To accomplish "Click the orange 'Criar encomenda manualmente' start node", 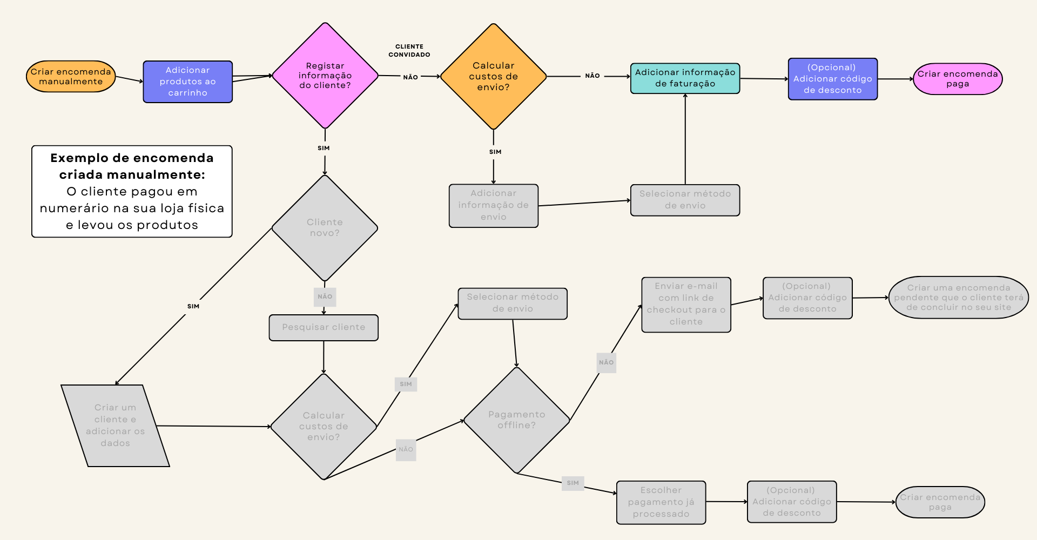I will [71, 77].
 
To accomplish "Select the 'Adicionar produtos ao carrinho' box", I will [187, 82].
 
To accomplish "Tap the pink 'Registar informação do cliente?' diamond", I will [325, 76].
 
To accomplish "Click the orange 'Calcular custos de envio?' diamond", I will [493, 76].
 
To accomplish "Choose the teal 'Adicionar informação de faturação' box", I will [685, 78].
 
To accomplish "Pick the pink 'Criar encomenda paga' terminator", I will [957, 79].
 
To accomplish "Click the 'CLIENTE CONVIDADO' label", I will [409, 50].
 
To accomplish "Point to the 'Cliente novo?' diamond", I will [325, 228].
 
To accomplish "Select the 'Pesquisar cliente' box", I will [324, 327].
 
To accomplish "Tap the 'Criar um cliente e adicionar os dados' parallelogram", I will [115, 426].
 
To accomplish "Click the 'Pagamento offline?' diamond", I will [516, 420].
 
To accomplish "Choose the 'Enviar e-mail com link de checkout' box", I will [686, 305].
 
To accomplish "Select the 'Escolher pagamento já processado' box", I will [661, 502].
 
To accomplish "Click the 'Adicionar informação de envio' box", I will [493, 205].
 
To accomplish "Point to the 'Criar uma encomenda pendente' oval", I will [958, 298].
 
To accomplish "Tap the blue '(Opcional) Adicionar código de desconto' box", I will [832, 79].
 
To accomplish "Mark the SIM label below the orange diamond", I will [495, 152].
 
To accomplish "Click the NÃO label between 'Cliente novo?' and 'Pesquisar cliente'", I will [325, 296].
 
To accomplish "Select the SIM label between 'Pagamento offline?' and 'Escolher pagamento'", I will [573, 483].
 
